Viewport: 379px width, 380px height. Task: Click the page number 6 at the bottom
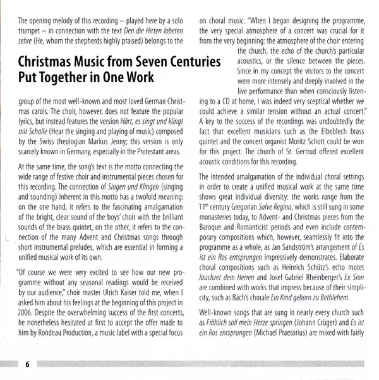click(x=28, y=364)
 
